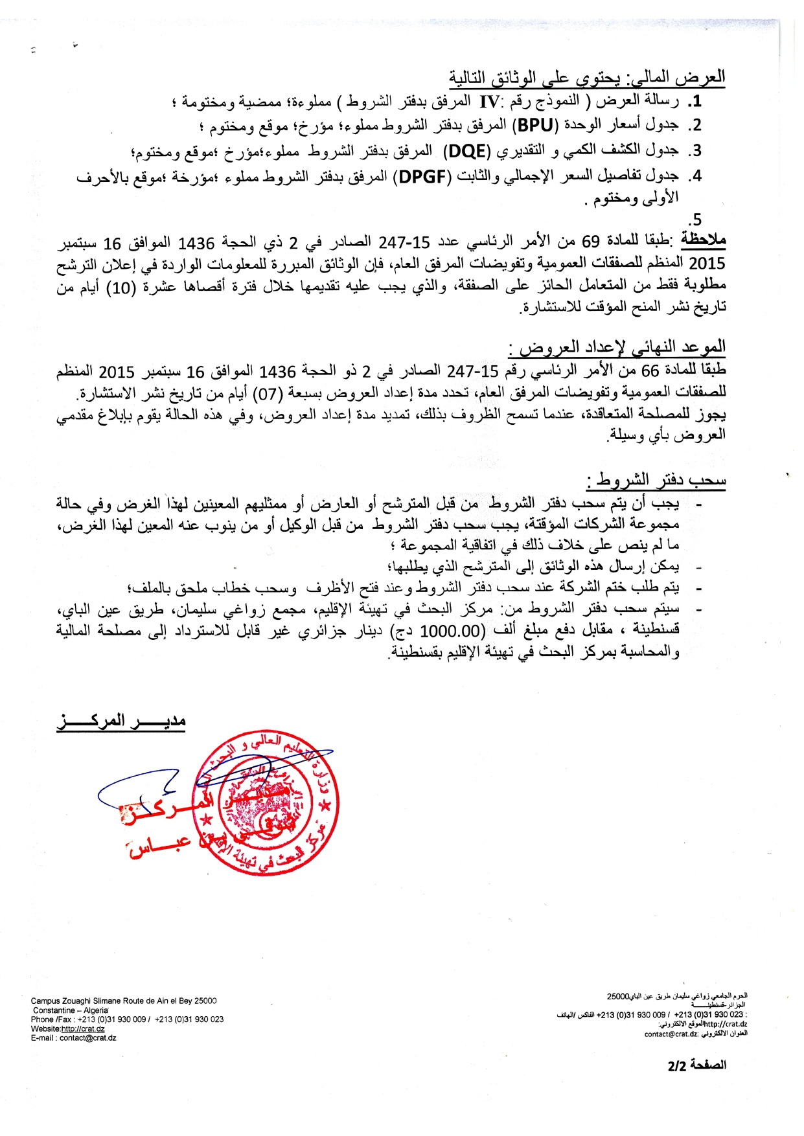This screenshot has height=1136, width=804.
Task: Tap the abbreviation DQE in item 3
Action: [x=468, y=151]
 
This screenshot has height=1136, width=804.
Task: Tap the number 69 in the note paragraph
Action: [x=590, y=242]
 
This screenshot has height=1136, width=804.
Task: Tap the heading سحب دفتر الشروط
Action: [x=656, y=480]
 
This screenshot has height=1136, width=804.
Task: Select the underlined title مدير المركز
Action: [x=121, y=721]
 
